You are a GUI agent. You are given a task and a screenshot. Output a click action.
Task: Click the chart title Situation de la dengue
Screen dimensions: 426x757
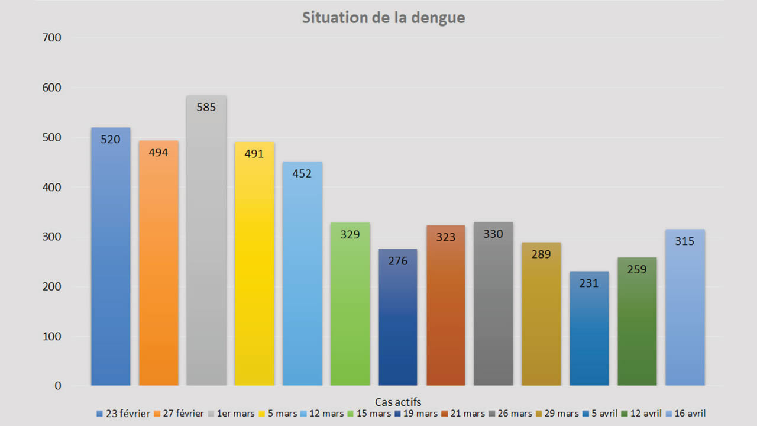point(383,18)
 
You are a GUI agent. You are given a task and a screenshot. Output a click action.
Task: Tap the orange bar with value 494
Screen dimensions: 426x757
point(158,266)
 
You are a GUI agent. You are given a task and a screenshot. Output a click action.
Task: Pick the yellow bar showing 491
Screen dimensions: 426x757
point(254,266)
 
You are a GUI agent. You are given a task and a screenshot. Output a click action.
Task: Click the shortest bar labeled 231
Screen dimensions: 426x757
point(589,331)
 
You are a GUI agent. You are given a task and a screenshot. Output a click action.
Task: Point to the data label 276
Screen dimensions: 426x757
point(398,260)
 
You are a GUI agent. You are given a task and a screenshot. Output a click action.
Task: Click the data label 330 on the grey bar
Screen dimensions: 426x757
point(493,234)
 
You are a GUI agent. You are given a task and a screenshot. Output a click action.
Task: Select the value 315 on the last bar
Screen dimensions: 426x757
point(685,241)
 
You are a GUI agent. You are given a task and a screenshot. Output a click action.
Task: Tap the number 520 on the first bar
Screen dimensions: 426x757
point(111,140)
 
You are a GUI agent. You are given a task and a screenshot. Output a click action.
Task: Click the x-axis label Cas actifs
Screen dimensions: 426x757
point(398,402)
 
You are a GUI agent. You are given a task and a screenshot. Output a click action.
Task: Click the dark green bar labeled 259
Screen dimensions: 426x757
point(637,325)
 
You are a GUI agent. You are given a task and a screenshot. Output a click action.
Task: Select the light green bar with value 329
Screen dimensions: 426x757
point(350,308)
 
